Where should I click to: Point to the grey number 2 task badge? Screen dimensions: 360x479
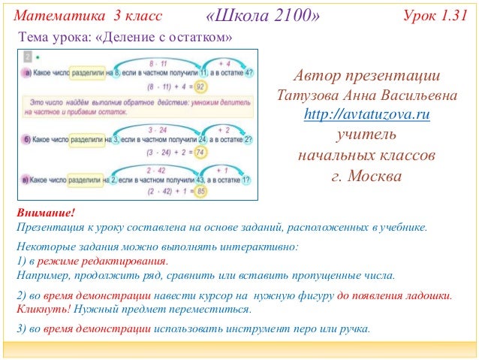(x=28, y=57)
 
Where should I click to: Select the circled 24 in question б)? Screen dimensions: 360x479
(x=203, y=139)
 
